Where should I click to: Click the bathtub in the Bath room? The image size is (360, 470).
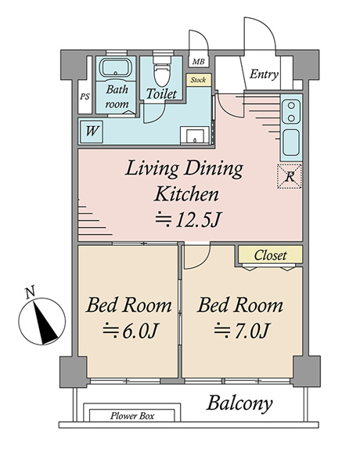pyautogui.click(x=116, y=67)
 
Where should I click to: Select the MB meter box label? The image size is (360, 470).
pyautogui.click(x=198, y=62)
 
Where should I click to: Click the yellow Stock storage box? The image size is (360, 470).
pyautogui.click(x=198, y=80)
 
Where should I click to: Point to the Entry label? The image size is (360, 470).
pyautogui.click(x=264, y=74)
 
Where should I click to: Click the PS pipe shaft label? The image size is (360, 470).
pyautogui.click(x=85, y=97)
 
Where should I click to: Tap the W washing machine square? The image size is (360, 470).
pyautogui.click(x=92, y=132)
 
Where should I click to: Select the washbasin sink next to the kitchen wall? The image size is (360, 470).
pyautogui.click(x=194, y=136)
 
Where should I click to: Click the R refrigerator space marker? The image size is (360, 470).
pyautogui.click(x=290, y=176)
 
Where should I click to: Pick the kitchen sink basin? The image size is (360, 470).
pyautogui.click(x=291, y=143)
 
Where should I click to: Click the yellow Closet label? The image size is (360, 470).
pyautogui.click(x=271, y=255)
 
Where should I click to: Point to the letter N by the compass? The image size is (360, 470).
pyautogui.click(x=30, y=291)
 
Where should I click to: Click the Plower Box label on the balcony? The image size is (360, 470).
pyautogui.click(x=132, y=416)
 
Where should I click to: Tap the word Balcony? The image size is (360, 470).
pyautogui.click(x=239, y=403)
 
